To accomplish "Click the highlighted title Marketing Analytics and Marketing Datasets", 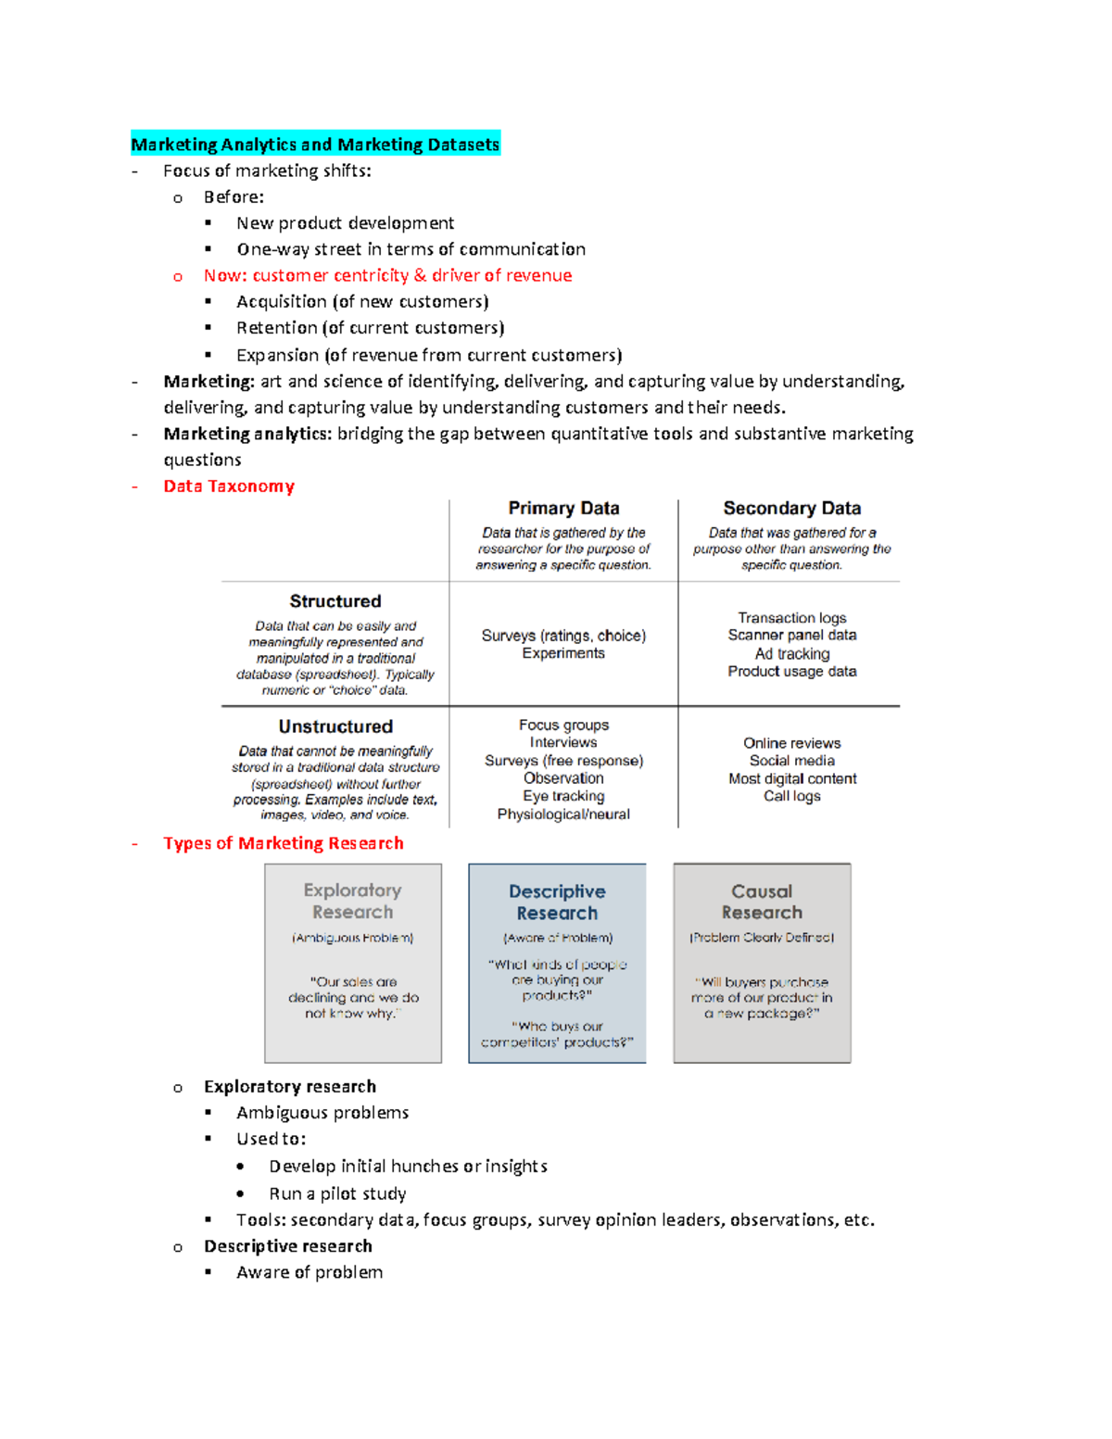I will pos(315,144).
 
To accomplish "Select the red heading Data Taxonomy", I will pos(229,486).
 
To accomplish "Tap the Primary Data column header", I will pos(563,508).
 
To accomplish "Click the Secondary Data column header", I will pos(791,508).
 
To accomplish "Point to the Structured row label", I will pos(335,601).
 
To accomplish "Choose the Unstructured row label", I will pos(335,726).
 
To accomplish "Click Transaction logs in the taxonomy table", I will pos(791,618).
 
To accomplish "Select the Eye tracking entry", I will pos(563,796).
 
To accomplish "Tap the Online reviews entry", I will pos(791,743).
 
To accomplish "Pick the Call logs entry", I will pos(791,796).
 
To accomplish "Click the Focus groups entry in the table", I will pos(563,725).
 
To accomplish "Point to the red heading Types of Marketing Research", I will pos(284,843).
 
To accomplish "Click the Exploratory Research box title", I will pos(352,901).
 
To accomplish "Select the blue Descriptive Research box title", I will pos(557,902).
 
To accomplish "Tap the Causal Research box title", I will pos(762,902).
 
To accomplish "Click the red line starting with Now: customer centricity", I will pos(387,275).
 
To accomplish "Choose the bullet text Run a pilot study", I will pos(337,1193).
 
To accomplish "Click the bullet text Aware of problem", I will pos(310,1272).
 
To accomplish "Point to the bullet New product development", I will pos(345,223).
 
